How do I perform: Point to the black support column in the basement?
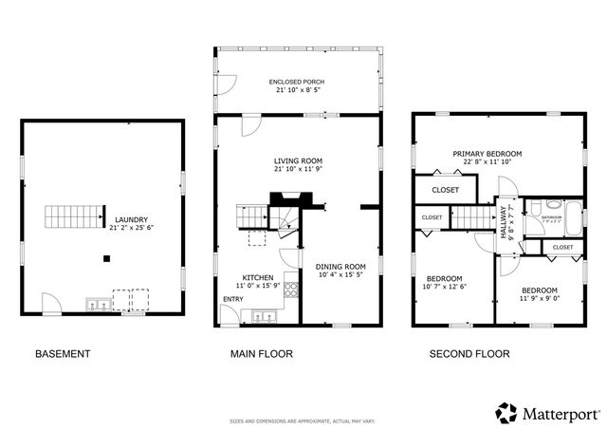107,258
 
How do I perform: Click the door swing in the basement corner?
52,304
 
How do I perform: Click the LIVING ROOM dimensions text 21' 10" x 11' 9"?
298,170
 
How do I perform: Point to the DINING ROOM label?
340,267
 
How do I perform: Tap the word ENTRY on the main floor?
231,300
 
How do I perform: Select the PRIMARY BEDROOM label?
487,154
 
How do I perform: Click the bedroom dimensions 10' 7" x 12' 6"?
445,287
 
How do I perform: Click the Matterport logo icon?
507,413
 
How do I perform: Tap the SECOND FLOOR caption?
469,354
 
